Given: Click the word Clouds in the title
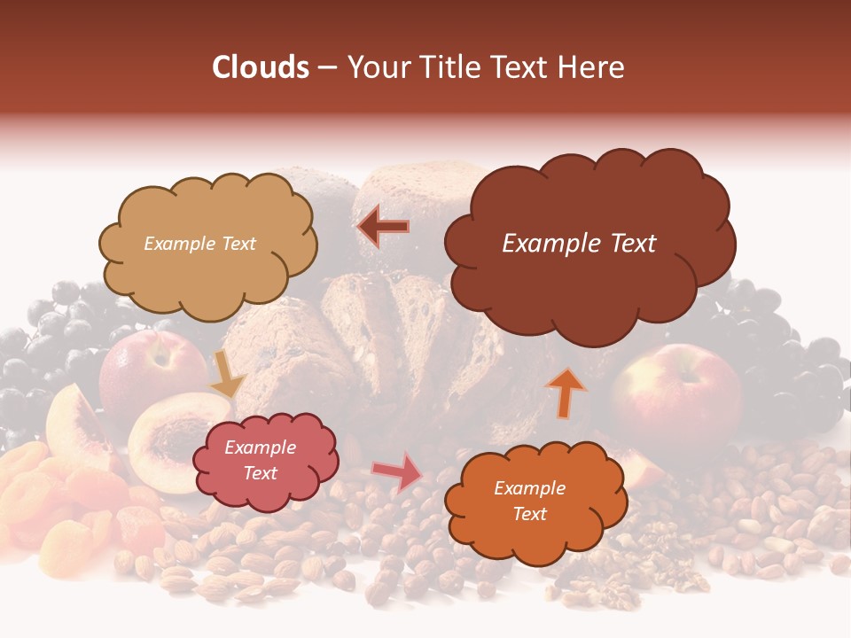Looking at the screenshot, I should click(261, 67).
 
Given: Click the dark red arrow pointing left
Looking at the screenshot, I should click(383, 227).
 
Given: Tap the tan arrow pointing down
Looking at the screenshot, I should click(227, 376).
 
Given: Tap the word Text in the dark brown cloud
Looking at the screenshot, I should click(633, 244).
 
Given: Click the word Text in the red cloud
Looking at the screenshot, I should click(261, 473).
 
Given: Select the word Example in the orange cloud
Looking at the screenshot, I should click(529, 488).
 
